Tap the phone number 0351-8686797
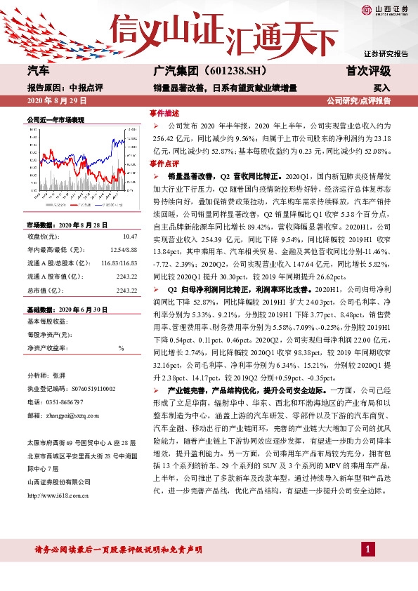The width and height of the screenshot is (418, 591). [x=65, y=401]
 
